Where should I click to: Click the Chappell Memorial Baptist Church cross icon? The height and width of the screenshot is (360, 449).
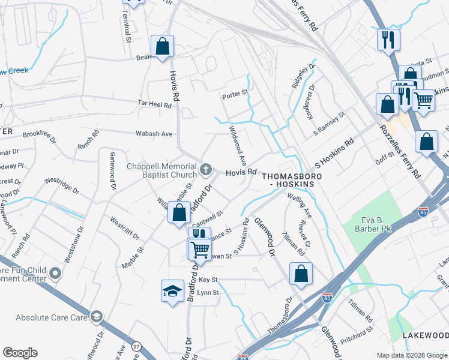point(206,169)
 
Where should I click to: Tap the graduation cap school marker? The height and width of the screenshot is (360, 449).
point(172,292)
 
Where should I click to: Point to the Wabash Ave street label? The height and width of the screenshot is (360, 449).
point(155,133)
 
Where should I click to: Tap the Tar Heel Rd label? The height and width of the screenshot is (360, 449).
point(154,104)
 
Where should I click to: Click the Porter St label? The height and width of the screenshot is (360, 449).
point(235,93)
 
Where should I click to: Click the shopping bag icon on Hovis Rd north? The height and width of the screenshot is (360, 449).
point(162,46)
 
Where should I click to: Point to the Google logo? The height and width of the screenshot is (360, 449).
point(20,353)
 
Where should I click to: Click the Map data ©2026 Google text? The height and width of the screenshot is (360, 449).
point(412,355)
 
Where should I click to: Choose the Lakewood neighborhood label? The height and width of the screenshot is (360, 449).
point(425,335)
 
